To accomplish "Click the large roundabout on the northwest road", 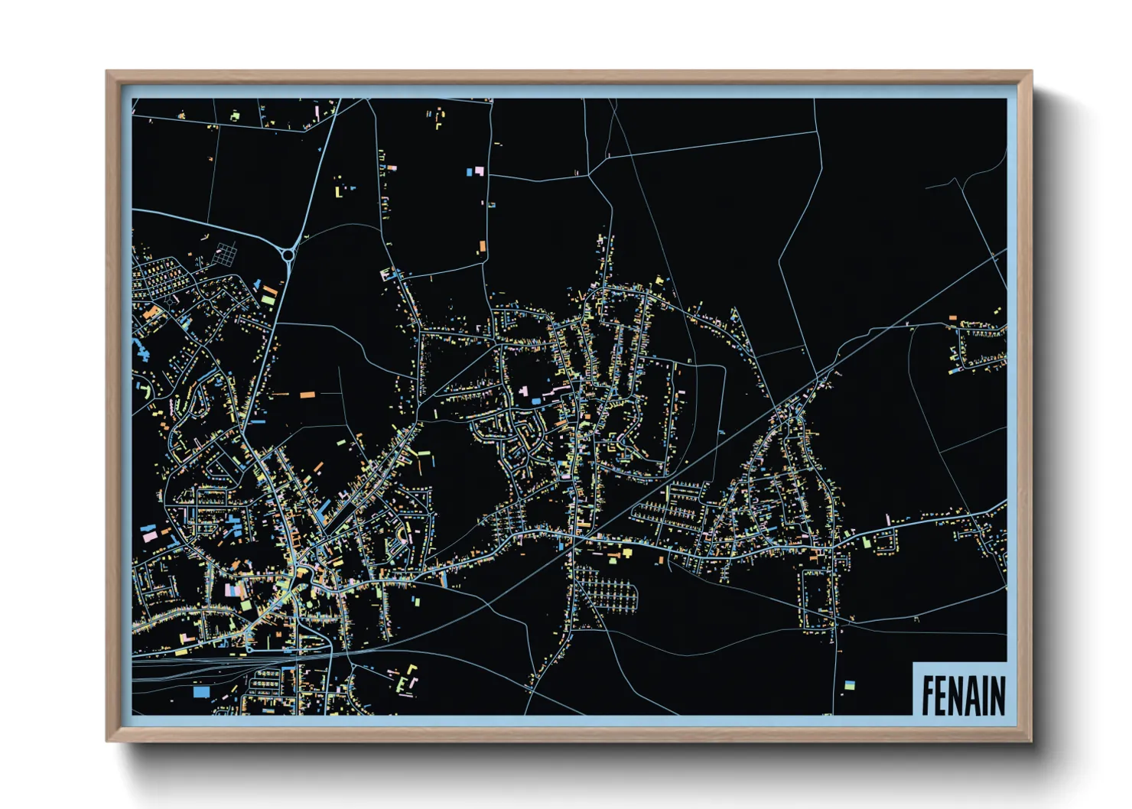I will click(288, 255).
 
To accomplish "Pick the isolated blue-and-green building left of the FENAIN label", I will click(848, 685).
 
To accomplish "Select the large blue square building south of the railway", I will click(201, 692).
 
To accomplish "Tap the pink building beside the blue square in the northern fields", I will click(479, 171).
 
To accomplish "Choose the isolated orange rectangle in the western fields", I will click(307, 395).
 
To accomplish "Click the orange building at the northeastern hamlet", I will click(953, 317).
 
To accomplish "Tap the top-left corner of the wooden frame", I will click(109, 73).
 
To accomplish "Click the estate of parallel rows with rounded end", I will click(608, 590).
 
